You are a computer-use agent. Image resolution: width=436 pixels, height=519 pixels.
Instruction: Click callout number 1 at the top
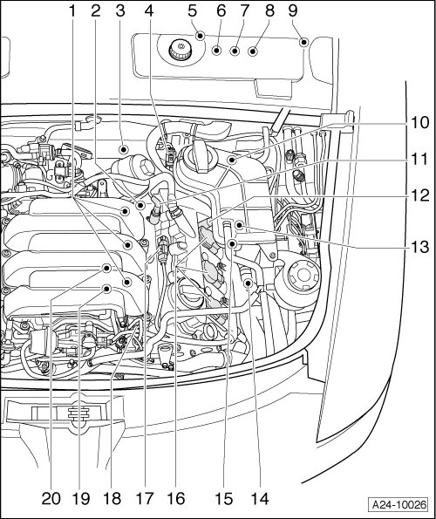click(x=72, y=11)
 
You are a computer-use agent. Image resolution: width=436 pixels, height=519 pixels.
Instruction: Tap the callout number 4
click(x=149, y=11)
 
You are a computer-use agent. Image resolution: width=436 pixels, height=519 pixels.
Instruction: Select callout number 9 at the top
click(x=293, y=11)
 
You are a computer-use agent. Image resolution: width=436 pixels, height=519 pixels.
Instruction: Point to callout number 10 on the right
click(x=419, y=123)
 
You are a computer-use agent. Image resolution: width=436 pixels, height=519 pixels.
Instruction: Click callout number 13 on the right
click(x=419, y=247)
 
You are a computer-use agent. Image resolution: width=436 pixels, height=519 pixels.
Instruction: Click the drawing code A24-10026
click(x=399, y=505)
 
